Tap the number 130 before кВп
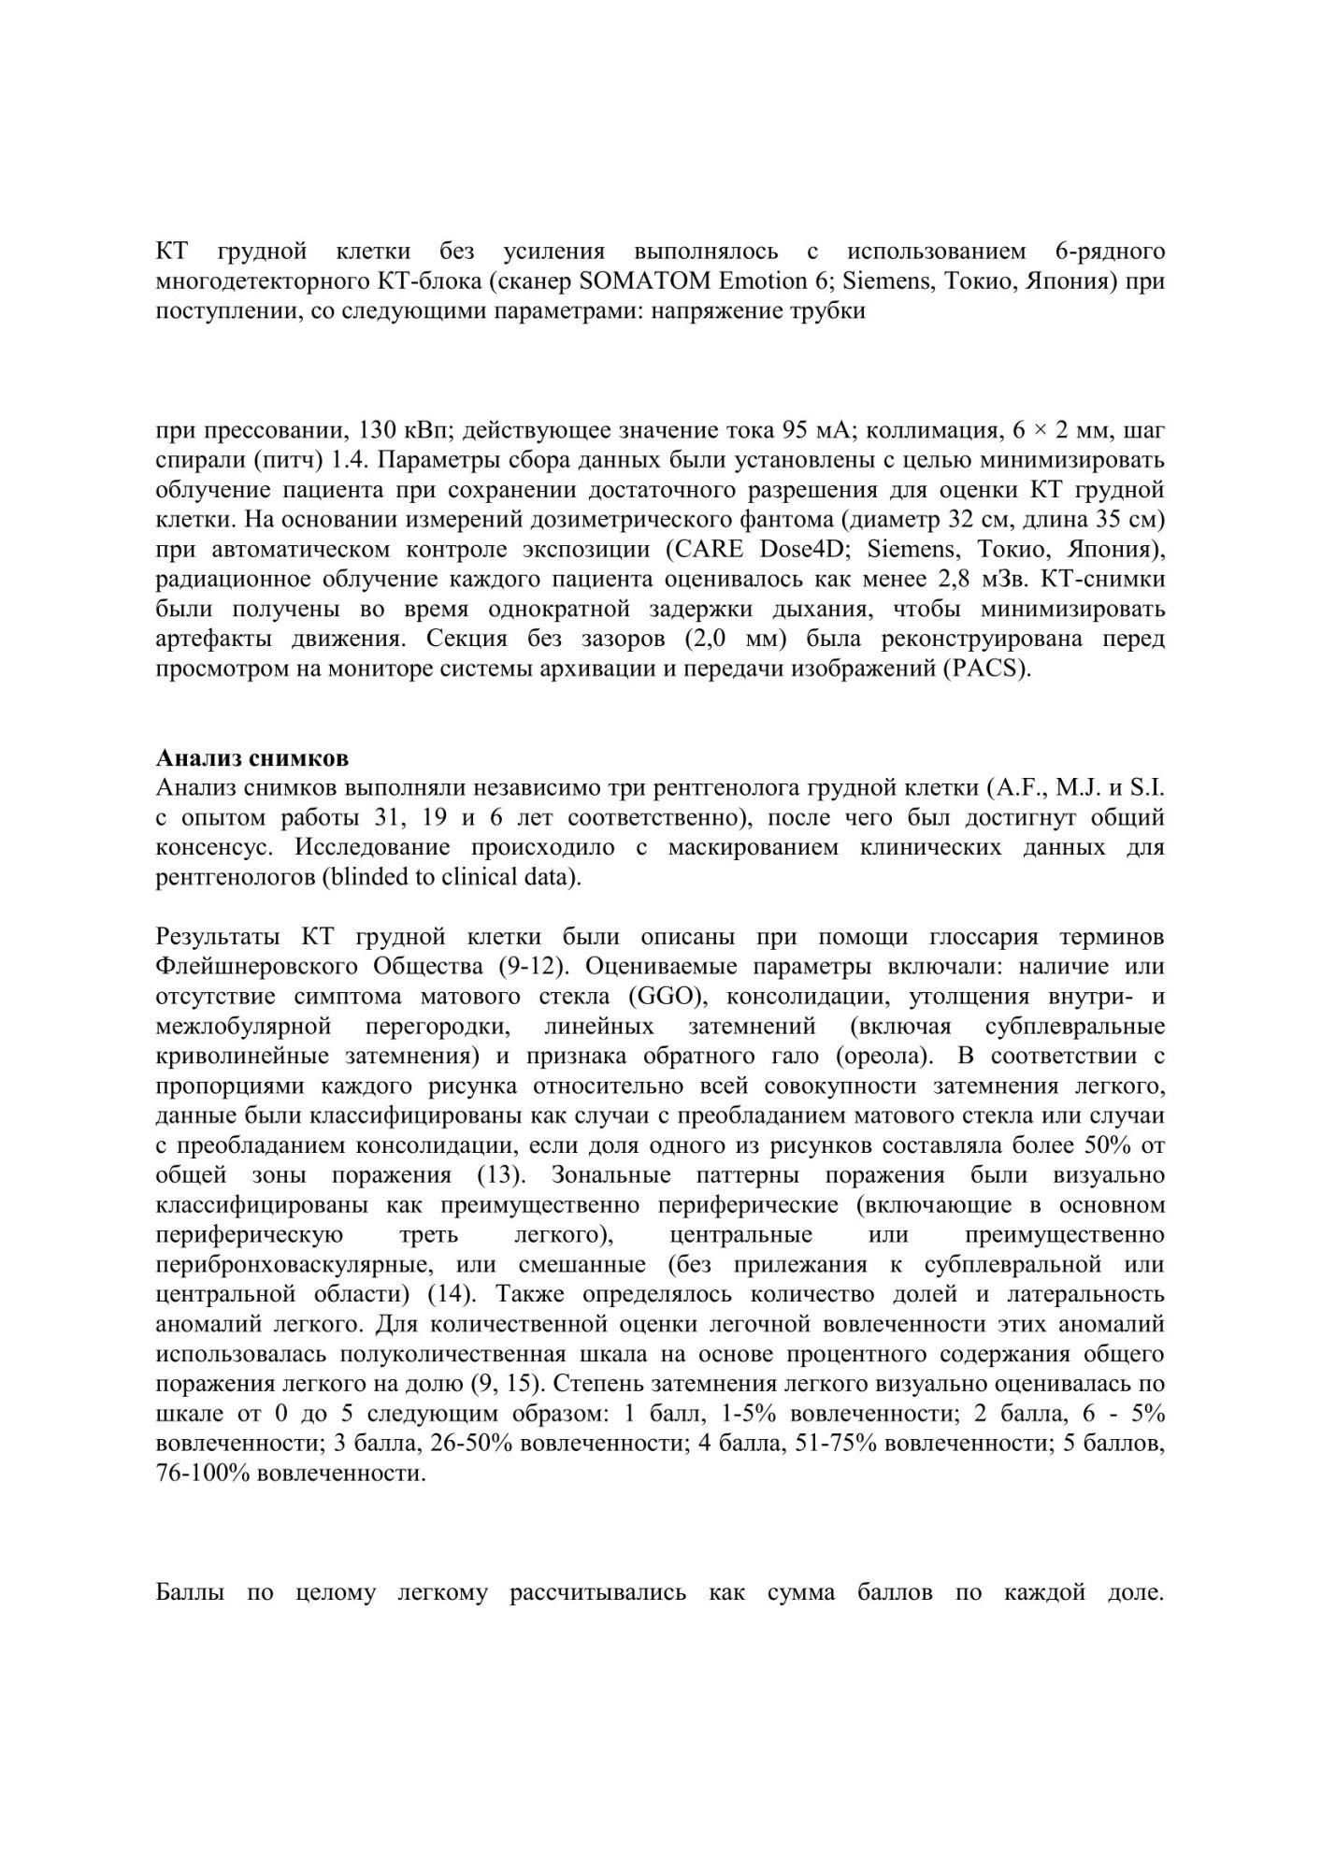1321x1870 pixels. (366, 431)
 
